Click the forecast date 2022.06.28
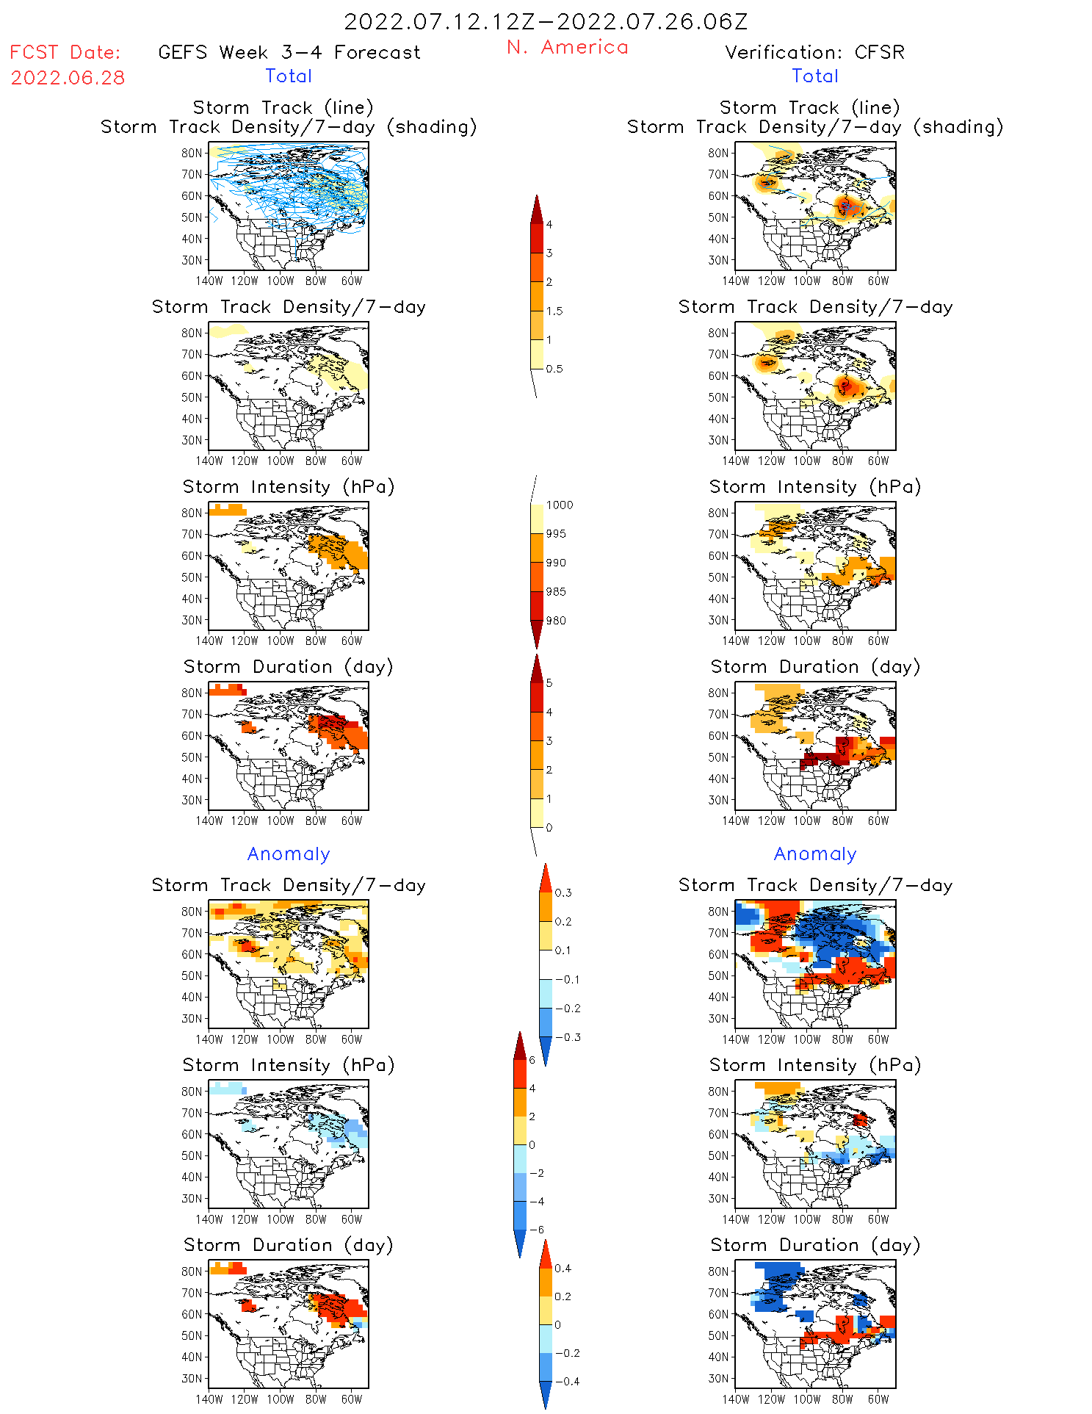[x=68, y=78]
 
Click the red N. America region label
[x=567, y=48]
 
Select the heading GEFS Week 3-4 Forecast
[x=289, y=53]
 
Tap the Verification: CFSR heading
[x=814, y=53]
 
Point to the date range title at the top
[x=546, y=21]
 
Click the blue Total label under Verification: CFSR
[x=814, y=76]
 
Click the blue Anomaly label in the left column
[x=289, y=854]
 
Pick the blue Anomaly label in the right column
[x=815, y=854]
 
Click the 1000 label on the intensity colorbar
[x=559, y=505]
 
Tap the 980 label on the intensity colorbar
[x=556, y=621]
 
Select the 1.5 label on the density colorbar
[x=554, y=311]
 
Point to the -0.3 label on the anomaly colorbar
[x=567, y=1038]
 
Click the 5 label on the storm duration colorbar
[x=549, y=683]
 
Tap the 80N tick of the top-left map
[x=192, y=153]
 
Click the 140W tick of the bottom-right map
[x=736, y=1399]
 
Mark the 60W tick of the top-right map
[x=878, y=281]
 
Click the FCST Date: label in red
[x=65, y=53]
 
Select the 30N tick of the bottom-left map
[x=192, y=1379]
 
